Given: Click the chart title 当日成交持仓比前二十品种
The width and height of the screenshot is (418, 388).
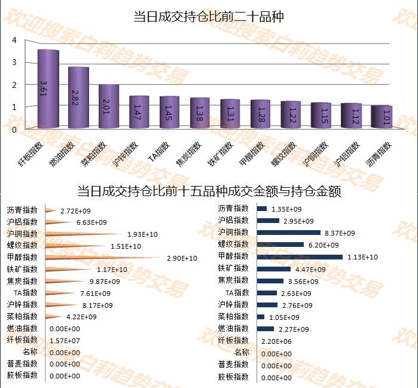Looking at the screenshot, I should [x=208, y=17].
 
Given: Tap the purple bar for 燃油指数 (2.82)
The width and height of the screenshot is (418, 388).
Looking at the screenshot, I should [x=78, y=97].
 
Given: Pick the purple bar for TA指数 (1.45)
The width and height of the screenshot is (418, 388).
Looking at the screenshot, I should [x=170, y=112].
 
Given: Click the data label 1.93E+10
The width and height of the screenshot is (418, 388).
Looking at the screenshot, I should [x=142, y=234].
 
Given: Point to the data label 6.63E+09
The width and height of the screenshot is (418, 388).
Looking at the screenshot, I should [x=91, y=222].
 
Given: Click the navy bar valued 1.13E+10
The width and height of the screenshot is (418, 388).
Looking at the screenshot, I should [x=300, y=256].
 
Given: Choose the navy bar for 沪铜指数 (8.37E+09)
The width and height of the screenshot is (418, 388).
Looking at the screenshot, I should [x=289, y=233].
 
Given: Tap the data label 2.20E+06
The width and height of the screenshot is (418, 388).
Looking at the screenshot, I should [x=277, y=341].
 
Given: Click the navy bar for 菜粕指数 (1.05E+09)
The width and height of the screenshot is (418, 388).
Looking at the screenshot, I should [x=261, y=317].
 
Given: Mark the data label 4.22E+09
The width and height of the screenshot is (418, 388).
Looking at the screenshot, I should [x=81, y=317].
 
